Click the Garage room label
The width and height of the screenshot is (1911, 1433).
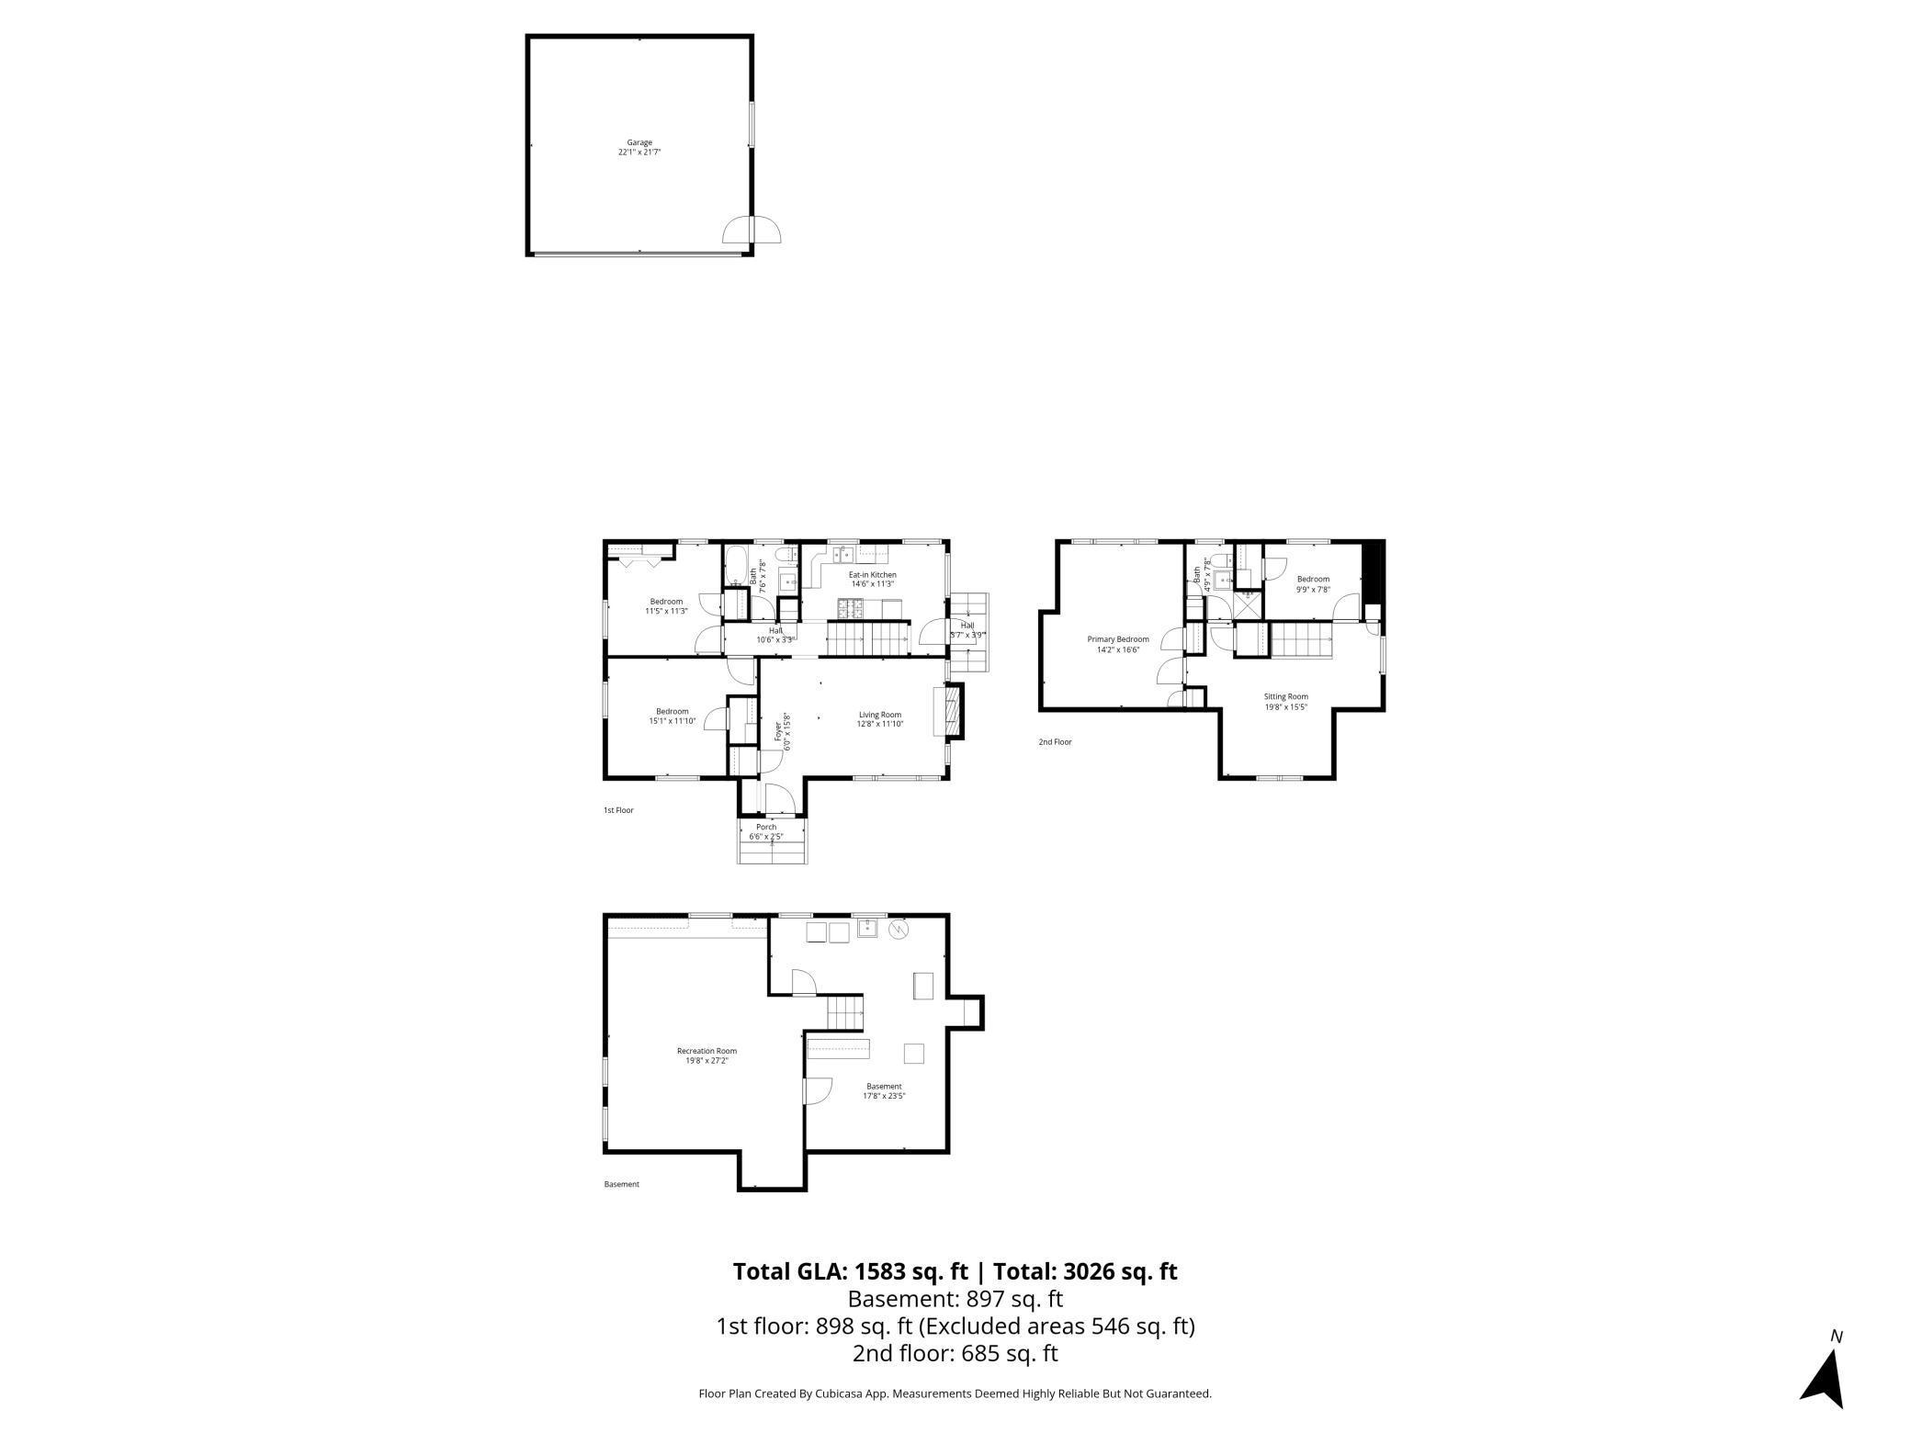pos(639,147)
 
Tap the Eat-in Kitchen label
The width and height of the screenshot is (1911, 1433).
pos(872,579)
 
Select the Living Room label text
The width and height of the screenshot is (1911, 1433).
pos(880,719)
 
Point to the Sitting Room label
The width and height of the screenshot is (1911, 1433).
pos(1285,701)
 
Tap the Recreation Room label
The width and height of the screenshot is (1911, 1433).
pos(707,1055)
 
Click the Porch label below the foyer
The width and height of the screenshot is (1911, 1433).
pos(766,831)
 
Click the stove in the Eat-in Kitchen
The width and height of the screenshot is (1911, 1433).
pos(850,607)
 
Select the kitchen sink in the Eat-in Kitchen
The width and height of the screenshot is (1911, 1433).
pos(843,554)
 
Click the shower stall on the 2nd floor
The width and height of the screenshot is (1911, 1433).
pos(1248,603)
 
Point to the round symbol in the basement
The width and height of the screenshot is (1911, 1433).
pos(898,931)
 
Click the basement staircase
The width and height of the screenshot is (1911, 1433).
pos(846,1013)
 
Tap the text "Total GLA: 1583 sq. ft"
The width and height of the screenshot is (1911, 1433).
pos(850,1270)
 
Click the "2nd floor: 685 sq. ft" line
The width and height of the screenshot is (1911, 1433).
pos(955,1352)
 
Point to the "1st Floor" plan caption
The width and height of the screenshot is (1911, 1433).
pos(618,810)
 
